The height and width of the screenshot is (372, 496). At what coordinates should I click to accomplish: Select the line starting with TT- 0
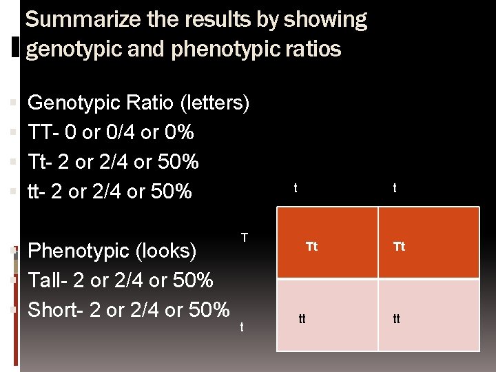[x=110, y=132]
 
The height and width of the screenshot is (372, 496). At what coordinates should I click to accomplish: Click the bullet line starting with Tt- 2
[x=113, y=162]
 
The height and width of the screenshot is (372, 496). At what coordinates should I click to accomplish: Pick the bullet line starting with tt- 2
[x=110, y=192]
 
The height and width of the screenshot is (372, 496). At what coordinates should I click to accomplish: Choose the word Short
[x=52, y=310]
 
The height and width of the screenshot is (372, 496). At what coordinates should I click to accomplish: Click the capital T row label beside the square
[x=245, y=238]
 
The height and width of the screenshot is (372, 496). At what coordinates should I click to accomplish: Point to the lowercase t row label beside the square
[x=241, y=327]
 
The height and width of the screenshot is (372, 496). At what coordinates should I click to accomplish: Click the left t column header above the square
[x=296, y=187]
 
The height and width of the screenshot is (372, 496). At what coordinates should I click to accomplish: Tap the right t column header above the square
[x=394, y=187]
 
